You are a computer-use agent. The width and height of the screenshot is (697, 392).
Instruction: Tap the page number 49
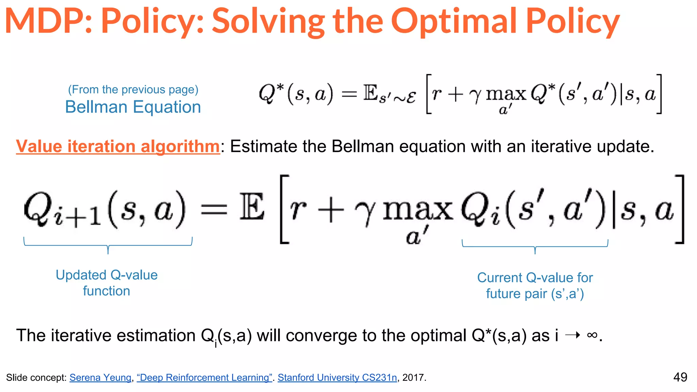(680, 377)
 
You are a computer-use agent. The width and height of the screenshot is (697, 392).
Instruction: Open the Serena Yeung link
(100, 377)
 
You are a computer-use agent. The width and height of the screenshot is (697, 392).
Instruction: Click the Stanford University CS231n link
(337, 377)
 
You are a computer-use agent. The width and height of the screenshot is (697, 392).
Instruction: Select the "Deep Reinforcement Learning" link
(204, 377)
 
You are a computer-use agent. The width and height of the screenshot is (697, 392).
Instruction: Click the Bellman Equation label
(133, 107)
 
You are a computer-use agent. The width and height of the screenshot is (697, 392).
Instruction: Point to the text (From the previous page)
(133, 89)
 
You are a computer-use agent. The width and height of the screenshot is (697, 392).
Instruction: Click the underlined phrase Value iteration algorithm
(118, 146)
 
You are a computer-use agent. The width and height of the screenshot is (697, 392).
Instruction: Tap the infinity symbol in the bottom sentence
(592, 335)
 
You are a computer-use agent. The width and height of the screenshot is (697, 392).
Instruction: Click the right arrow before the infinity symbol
(572, 335)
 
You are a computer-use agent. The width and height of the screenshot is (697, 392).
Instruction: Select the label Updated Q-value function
(107, 283)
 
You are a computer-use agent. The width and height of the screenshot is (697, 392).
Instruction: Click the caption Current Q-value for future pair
(535, 285)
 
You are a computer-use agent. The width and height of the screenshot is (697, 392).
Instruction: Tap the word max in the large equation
(418, 211)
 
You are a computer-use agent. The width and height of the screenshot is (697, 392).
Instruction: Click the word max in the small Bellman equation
(506, 94)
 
